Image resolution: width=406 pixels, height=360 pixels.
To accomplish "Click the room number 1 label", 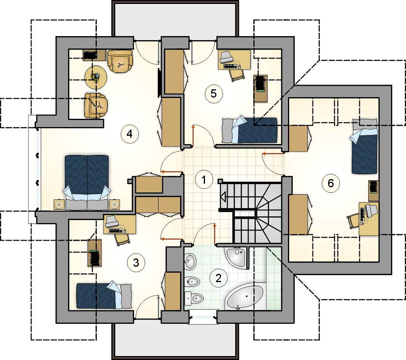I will coord(204,180).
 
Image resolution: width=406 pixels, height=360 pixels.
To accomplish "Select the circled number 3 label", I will coord(136,263).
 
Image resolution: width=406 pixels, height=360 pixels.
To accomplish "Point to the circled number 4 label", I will coord(130,134).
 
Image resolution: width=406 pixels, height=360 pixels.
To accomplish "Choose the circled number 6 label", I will coord(330,183).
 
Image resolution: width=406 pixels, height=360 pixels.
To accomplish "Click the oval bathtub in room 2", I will coord(244,297).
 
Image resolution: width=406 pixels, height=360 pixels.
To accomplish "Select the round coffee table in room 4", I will coord(96,78).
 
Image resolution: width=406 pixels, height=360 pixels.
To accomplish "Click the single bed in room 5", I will coord(249,130).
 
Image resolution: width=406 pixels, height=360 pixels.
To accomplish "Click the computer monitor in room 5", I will coord(227,57).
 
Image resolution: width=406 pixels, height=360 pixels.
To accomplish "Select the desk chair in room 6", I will coord(353,221).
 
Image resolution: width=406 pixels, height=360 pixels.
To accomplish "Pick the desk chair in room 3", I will coord(123,238).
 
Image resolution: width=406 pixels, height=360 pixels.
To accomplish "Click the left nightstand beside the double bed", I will coord(59,205).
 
